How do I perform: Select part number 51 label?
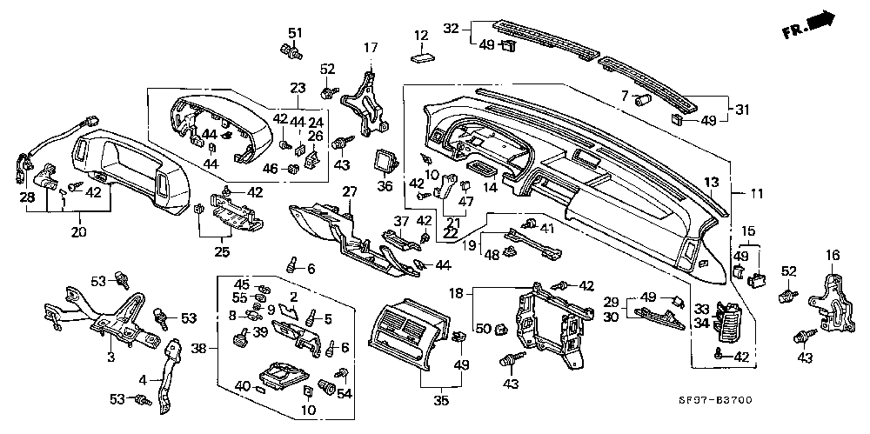point(295,33)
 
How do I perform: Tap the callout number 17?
point(371,47)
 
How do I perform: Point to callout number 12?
point(421,36)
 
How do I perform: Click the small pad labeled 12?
point(423,58)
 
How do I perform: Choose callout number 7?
point(624,95)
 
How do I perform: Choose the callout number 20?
point(77,232)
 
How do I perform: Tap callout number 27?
point(351,190)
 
